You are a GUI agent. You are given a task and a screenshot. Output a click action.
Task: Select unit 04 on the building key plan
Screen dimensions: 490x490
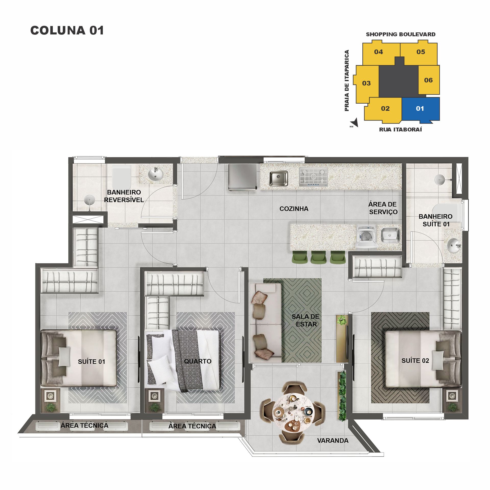pyautogui.click(x=378, y=52)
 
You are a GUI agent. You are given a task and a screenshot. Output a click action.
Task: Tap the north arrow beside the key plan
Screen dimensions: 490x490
pyautogui.click(x=355, y=123)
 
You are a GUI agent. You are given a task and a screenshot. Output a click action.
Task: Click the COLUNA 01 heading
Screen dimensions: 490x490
pyautogui.click(x=67, y=30)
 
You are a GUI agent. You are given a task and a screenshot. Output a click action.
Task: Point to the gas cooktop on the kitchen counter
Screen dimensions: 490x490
pyautogui.click(x=313, y=177)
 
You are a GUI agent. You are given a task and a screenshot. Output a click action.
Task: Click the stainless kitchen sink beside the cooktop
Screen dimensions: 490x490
pyautogui.click(x=278, y=178)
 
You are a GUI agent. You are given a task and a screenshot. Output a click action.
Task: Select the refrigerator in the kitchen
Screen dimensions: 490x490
pyautogui.click(x=242, y=177)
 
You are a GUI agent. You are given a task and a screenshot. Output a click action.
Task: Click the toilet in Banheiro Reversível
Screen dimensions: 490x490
pyautogui.click(x=121, y=176)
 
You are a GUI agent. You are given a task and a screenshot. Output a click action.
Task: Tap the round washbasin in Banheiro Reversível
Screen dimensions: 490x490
pyautogui.click(x=155, y=174)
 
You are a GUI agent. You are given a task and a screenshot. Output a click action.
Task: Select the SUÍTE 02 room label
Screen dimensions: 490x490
pyautogui.click(x=415, y=361)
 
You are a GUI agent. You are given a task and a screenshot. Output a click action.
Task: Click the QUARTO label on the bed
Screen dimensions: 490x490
pyautogui.click(x=198, y=361)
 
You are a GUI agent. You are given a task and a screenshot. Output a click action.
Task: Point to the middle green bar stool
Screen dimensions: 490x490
pyautogui.click(x=318, y=257)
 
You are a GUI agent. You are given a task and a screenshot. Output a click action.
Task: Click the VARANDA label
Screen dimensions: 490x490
pyautogui.click(x=333, y=440)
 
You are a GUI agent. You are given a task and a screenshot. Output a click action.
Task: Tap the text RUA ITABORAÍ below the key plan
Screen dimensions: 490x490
pyautogui.click(x=400, y=130)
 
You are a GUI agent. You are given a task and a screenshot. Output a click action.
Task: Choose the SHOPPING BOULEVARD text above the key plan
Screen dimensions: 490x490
pyautogui.click(x=400, y=34)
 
